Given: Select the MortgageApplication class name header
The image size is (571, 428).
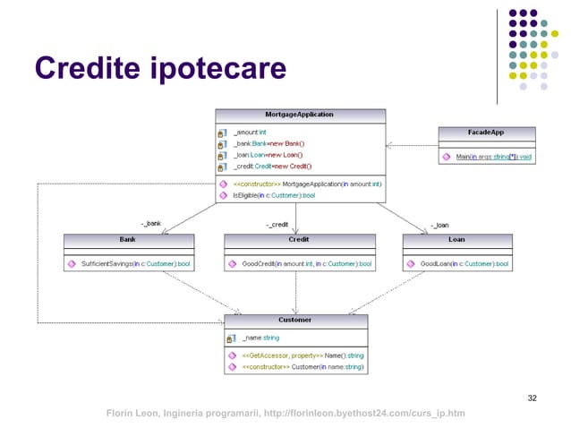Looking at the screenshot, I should coord(300,116).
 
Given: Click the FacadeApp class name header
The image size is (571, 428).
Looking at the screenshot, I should coord(486,132).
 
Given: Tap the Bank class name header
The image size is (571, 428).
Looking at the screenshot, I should coord(128,240).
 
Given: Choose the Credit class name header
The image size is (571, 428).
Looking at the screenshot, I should coord(299,240).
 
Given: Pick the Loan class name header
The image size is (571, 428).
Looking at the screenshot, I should coord(456,240).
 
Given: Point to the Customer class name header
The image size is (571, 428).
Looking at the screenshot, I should coord(295,320).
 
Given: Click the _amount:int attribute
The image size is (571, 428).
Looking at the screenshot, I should coord(250,132).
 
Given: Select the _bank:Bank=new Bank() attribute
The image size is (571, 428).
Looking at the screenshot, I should coord(268,143).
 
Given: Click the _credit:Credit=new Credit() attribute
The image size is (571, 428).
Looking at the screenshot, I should coord(274,167).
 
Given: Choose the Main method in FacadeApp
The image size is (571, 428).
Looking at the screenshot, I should coord(493,157).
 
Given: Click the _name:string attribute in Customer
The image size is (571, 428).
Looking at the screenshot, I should coord(261,338).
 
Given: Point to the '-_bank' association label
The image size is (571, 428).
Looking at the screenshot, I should coord(151,224).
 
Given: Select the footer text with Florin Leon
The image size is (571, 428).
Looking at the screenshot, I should coord(285,413).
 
